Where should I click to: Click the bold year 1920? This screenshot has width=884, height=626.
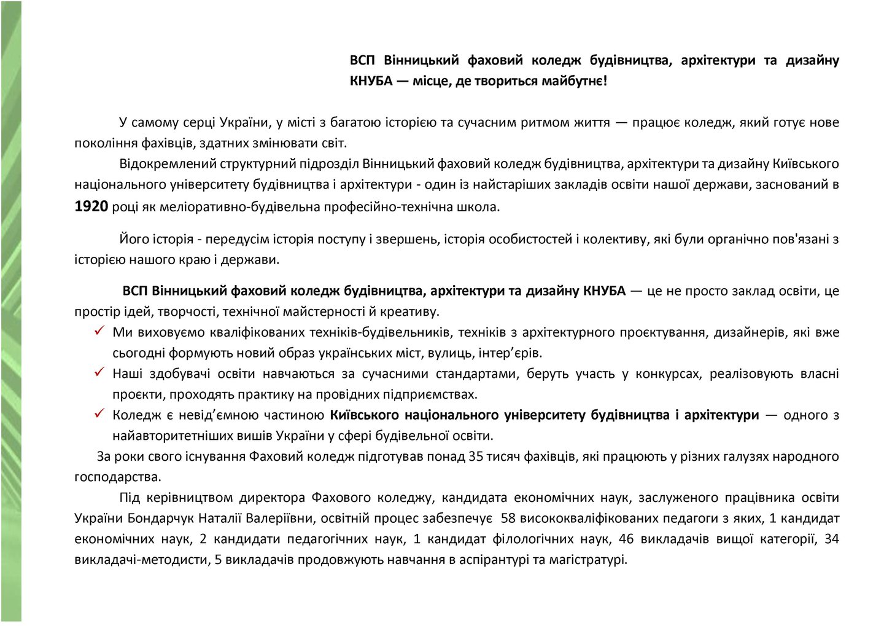tap(91, 206)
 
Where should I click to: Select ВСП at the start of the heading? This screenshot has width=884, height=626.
tap(362, 60)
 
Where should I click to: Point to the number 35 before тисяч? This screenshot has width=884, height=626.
tap(475, 456)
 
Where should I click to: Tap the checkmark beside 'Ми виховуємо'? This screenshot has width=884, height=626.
tap(99, 332)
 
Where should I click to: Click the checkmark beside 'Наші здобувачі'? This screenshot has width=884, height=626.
tap(99, 373)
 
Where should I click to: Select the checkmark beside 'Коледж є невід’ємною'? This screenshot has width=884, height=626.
tap(99, 414)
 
